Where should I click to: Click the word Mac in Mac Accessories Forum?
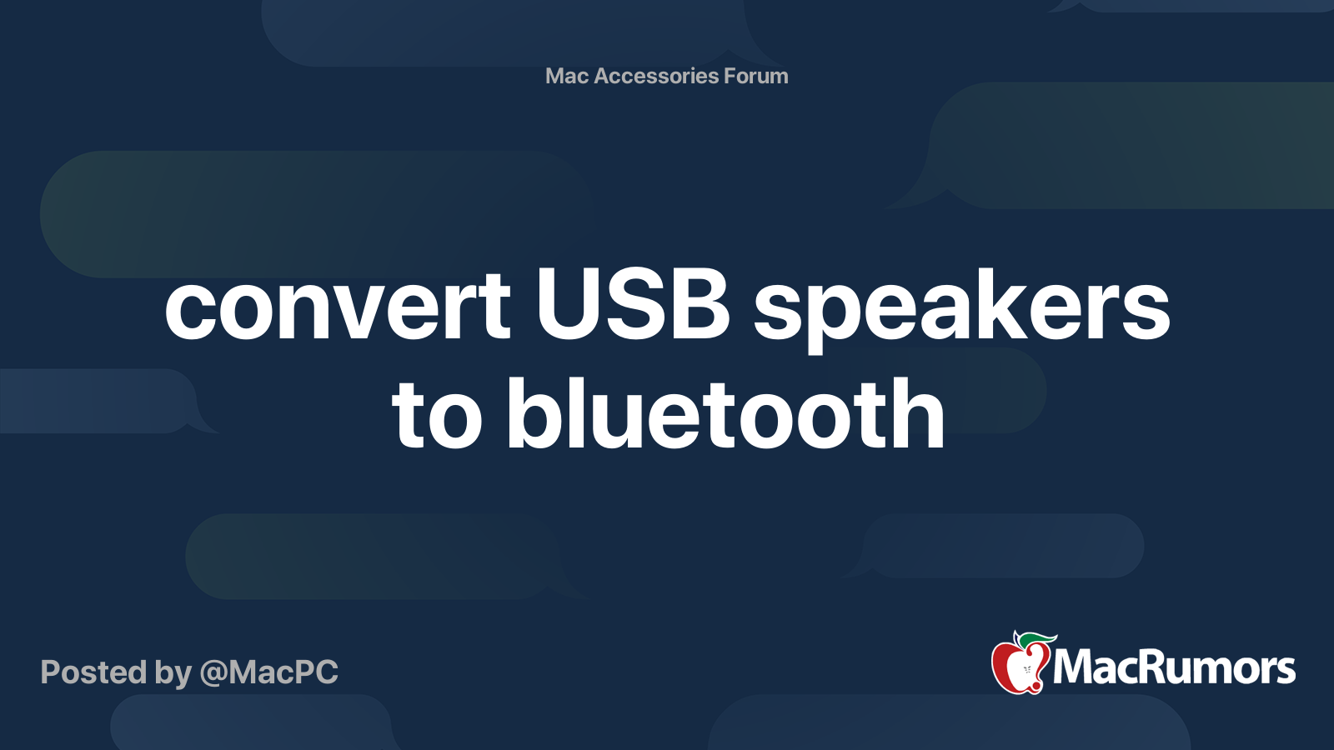(567, 76)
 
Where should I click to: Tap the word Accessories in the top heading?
(656, 76)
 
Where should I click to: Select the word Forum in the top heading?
(755, 76)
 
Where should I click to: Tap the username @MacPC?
(268, 672)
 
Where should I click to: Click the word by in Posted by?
(172, 673)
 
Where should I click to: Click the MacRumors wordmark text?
(1174, 668)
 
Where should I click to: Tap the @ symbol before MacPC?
(213, 673)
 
